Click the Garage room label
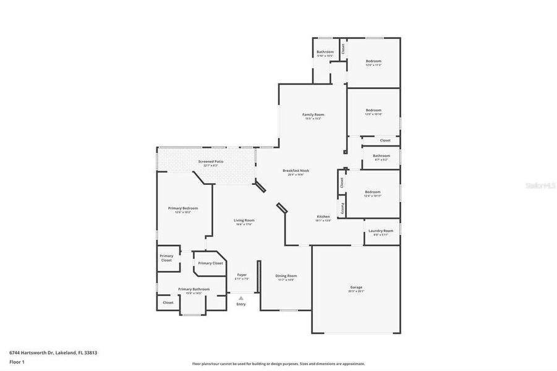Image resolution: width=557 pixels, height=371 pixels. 356,287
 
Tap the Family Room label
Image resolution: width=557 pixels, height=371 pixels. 313,114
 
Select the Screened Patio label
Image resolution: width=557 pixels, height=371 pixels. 211,161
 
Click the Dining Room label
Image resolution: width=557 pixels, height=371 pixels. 286,276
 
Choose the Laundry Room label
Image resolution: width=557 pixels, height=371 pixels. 381,231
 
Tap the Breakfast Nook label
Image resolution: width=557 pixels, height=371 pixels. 296,170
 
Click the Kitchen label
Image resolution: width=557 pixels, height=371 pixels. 324,216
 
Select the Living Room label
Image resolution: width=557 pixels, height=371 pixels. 244,220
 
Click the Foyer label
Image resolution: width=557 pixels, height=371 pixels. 242,275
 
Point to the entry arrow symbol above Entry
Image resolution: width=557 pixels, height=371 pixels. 241,298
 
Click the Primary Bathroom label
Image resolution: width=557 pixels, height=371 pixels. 193,289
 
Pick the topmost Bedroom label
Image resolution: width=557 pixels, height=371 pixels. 373,61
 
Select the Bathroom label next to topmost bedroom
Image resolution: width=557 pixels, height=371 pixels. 325,51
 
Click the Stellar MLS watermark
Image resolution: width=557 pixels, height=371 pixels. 540,184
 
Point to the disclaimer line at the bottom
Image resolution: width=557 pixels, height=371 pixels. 278,364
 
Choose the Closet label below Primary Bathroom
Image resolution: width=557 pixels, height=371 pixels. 168,302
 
